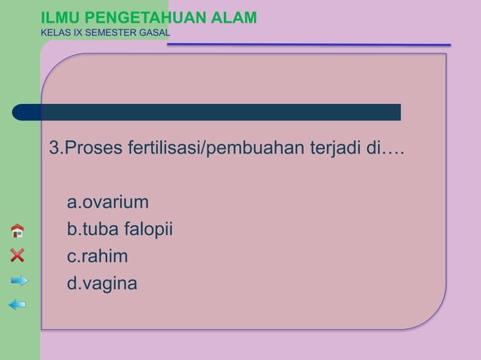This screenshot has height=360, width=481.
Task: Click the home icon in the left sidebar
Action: coord(17,231)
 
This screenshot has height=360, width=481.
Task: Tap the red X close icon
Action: coord(17,255)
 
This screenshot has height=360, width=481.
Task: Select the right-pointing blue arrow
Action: coord(19,281)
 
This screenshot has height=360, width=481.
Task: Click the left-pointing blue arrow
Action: coord(17,304)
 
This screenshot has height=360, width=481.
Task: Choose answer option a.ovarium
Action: coord(107,203)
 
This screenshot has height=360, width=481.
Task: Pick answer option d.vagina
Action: coord(102,284)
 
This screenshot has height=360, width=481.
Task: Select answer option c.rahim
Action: coord(97,257)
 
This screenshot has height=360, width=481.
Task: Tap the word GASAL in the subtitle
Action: coord(154,33)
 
